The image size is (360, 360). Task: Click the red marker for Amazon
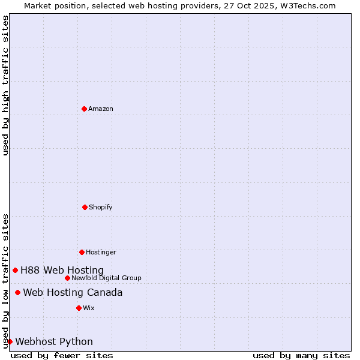[x=84, y=109]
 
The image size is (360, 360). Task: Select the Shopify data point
[x=85, y=207]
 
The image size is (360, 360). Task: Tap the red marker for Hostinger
[x=82, y=252]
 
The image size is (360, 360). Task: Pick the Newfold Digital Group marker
[x=67, y=278]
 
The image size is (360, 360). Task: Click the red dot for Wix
[x=79, y=308]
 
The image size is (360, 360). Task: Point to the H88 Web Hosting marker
[x=15, y=270]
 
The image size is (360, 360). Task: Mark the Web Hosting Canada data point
[x=17, y=292]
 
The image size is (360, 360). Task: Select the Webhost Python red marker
[x=10, y=341]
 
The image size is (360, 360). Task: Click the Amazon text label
[x=101, y=109]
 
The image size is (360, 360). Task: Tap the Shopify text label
[x=101, y=207]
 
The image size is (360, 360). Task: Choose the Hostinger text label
[x=101, y=252]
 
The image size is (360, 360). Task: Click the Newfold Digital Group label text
[x=106, y=278]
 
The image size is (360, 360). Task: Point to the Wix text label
[x=89, y=308]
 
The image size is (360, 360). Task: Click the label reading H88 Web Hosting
[x=62, y=270]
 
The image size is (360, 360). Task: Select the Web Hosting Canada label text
[x=73, y=292]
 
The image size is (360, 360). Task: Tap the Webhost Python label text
[x=54, y=341]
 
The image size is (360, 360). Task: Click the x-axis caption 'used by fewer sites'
[x=62, y=355]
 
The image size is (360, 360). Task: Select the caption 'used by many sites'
[x=301, y=355]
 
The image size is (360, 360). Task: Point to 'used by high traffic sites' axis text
[x=5, y=85]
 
